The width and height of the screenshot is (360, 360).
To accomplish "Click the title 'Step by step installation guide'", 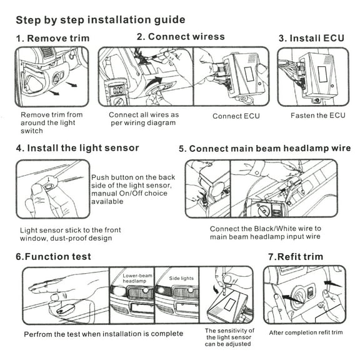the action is (x=101, y=20).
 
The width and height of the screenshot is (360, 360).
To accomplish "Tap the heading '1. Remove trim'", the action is (x=52, y=38).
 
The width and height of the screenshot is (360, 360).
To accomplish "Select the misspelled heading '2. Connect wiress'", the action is (x=181, y=37).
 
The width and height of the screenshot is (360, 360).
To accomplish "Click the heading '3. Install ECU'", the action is (x=311, y=38).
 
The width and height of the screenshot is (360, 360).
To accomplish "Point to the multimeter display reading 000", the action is (x=117, y=90).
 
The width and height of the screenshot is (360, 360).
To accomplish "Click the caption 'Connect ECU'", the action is (x=236, y=116).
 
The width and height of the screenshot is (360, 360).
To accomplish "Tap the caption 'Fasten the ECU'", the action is (x=318, y=116).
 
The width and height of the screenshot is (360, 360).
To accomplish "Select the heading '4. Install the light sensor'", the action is (x=77, y=148).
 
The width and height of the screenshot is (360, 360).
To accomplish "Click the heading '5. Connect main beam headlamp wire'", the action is (x=265, y=149).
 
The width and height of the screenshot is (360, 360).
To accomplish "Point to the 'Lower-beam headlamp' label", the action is (x=137, y=278).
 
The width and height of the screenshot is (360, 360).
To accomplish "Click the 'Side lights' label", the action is (x=181, y=278).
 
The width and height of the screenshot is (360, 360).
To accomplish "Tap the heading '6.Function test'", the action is (x=53, y=256).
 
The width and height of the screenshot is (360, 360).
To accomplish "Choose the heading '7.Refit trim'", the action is (x=296, y=256).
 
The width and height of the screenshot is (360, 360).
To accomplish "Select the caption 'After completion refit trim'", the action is (x=306, y=332).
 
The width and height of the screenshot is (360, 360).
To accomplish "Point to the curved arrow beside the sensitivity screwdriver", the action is (x=216, y=289).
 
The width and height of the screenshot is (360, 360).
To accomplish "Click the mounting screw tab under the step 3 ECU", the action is (x=317, y=100).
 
